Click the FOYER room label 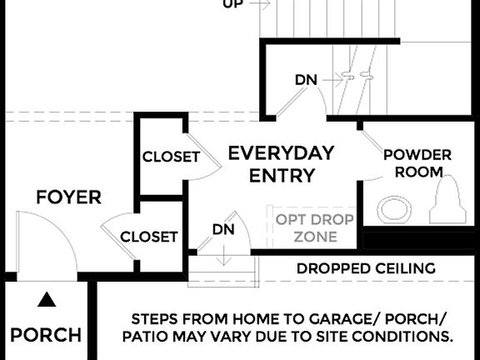pos(68,197)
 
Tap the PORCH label pos(46,336)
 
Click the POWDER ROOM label pos(417,163)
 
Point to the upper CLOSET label pos(170,157)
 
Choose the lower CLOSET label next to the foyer pos(148,237)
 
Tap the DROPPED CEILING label pos(366,268)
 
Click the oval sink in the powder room pos(395,208)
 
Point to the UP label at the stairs pos(233,4)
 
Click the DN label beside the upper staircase pos(305,80)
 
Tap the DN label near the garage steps pos(222,228)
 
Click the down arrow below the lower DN pos(223,255)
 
